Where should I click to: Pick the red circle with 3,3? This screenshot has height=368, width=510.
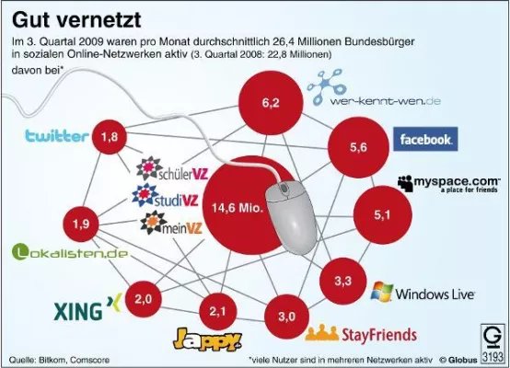343,278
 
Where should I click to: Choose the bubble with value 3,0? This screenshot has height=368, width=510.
286,316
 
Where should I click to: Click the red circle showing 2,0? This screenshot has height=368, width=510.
144,299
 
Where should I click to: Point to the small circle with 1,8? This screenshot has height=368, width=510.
110,138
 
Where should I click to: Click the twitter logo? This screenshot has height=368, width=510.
56,137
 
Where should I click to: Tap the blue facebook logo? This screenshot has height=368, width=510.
423,139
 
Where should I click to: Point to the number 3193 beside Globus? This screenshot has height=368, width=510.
495,354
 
